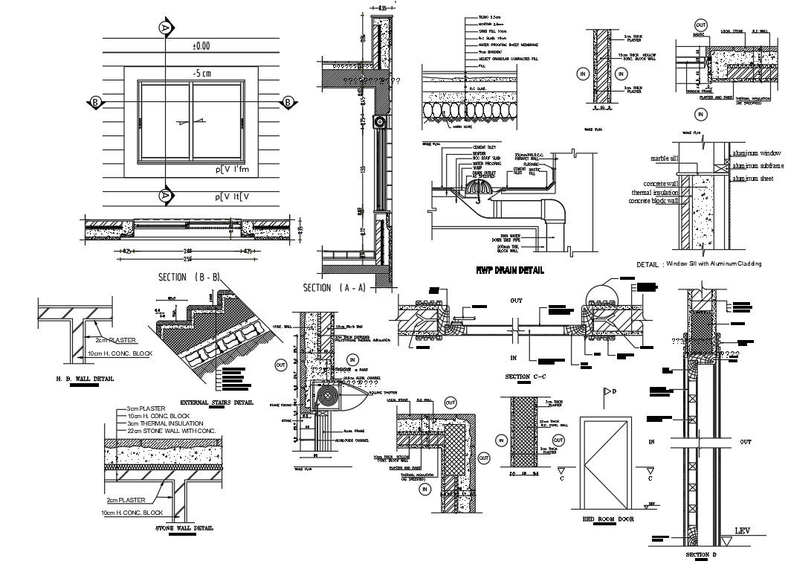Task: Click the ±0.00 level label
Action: [x=201, y=46]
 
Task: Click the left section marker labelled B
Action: [x=95, y=102]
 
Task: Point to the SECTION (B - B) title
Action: [x=189, y=277]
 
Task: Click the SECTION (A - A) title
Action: [x=335, y=287]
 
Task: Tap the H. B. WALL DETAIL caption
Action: [x=85, y=378]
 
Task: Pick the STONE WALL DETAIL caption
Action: [x=184, y=528]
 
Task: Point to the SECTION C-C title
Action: [x=526, y=377]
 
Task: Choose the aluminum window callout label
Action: [x=758, y=153]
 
